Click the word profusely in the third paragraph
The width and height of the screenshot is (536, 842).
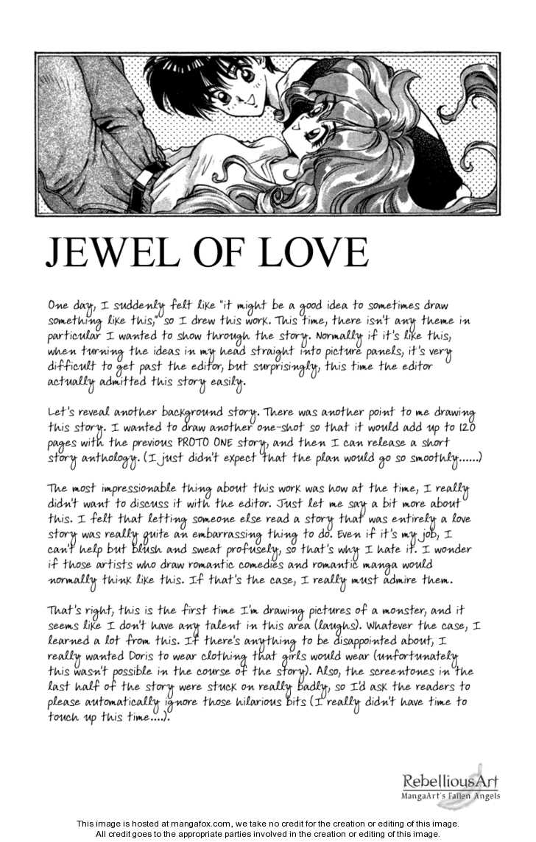237,551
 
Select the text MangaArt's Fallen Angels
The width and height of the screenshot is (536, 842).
451,795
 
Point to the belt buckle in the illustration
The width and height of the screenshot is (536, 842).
152,175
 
